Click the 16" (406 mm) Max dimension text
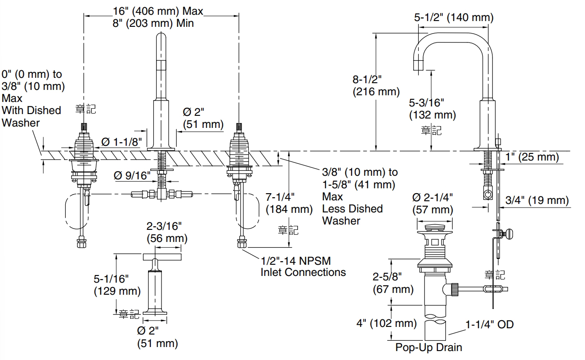coord(158,11)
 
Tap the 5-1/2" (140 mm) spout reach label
coord(454,17)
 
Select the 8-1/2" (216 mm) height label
coord(376,85)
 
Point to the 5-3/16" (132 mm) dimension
coord(432,109)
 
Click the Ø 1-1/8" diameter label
coord(122,142)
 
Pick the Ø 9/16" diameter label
coord(132,176)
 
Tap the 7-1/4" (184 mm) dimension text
coord(289,203)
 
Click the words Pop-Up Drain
coord(428,347)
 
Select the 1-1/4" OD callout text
coord(490,325)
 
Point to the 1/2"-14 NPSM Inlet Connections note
coord(303,267)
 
